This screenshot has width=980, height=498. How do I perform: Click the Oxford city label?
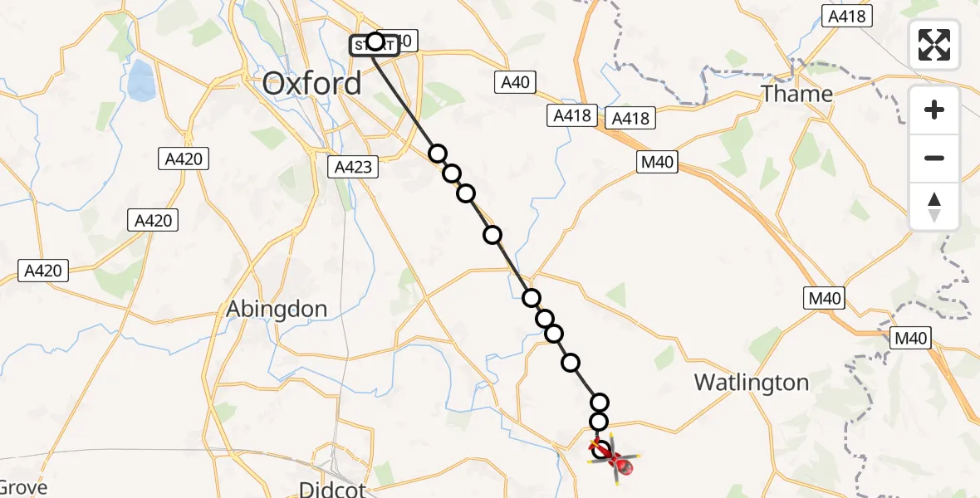coord(312,84)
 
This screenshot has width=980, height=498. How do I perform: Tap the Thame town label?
coord(796,94)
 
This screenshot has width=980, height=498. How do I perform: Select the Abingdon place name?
coord(277,309)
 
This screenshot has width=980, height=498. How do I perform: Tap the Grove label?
coord(23,487)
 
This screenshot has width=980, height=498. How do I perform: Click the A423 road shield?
coord(353,167)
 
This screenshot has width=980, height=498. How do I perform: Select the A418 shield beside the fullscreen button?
coord(847,16)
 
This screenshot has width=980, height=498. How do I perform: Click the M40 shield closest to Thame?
coord(657,164)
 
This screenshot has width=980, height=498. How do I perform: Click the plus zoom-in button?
coord(934,110)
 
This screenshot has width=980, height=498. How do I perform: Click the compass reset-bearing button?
coord(934,207)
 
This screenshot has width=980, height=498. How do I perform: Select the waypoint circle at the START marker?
coord(375,41)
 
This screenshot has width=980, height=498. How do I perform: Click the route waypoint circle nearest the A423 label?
coord(438,154)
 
